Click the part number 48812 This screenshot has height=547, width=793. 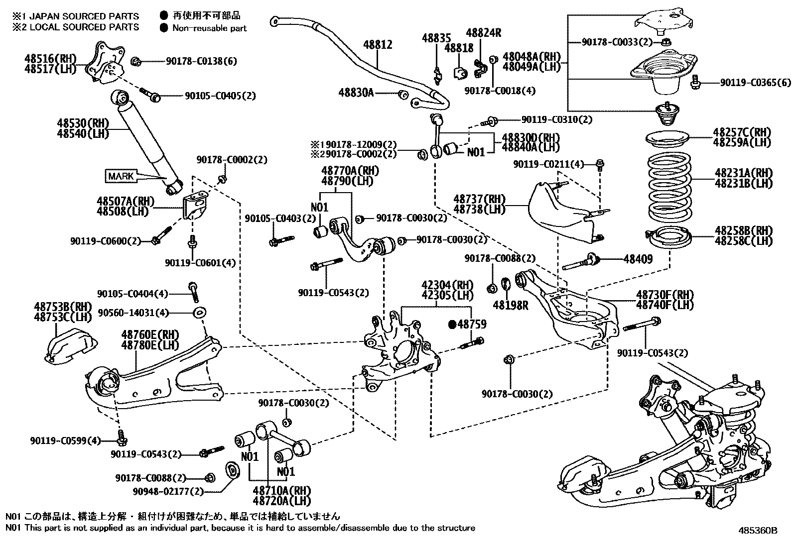[x=377, y=45]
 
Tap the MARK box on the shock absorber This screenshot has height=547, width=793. [x=121, y=176]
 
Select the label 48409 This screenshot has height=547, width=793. [x=638, y=259]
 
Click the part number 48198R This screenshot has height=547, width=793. [x=510, y=305]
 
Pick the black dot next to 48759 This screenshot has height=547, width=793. [x=452, y=325]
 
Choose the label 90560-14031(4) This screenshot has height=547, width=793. [x=133, y=313]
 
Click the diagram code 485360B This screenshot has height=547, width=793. [x=758, y=531]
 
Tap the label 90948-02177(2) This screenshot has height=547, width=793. [x=168, y=491]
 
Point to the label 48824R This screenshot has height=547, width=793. [x=483, y=33]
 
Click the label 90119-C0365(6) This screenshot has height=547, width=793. [x=755, y=83]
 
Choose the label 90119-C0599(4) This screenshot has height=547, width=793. [x=65, y=440]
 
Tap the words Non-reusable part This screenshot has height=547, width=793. [x=209, y=28]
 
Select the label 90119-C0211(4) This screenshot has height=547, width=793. [x=548, y=163]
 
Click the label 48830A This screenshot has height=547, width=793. [x=356, y=92]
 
